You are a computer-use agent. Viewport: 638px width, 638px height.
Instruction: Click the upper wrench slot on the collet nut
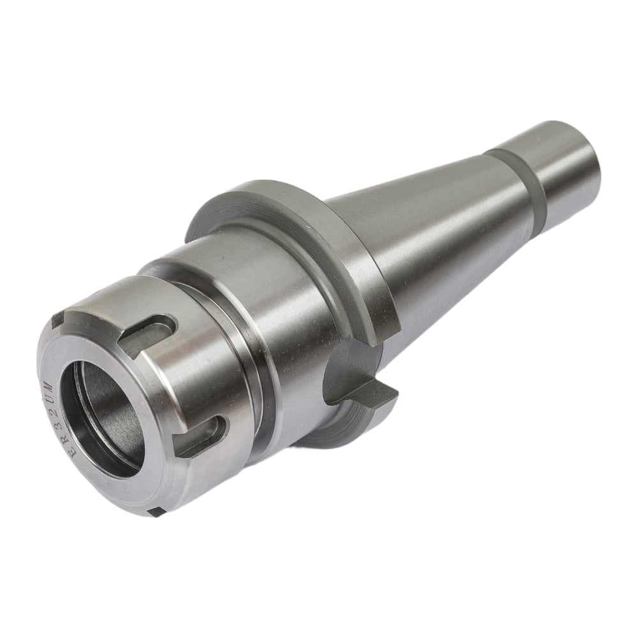click(x=149, y=329)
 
